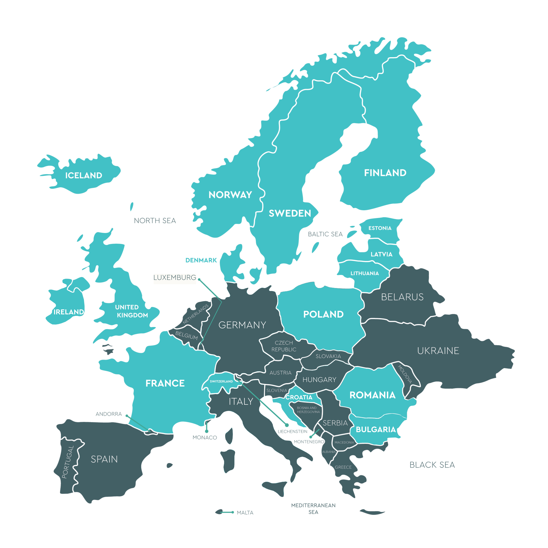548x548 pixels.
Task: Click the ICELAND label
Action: (x=84, y=175)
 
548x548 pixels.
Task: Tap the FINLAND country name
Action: (x=385, y=173)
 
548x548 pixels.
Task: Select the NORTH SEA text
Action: (x=155, y=221)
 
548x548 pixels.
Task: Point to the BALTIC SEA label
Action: (x=325, y=234)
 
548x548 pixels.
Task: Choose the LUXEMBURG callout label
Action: (x=175, y=277)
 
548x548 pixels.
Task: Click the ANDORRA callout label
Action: (x=109, y=414)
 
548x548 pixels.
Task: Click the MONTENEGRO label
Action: (x=309, y=442)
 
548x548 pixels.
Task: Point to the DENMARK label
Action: (x=201, y=260)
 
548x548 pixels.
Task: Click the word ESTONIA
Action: (x=380, y=228)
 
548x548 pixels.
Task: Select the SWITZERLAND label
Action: (x=221, y=381)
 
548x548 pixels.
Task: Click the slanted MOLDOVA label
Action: (x=405, y=374)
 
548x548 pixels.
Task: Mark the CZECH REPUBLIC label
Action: (x=284, y=346)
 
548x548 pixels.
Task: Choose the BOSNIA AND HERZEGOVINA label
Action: (x=308, y=410)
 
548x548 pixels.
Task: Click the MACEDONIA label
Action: (x=344, y=442)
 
